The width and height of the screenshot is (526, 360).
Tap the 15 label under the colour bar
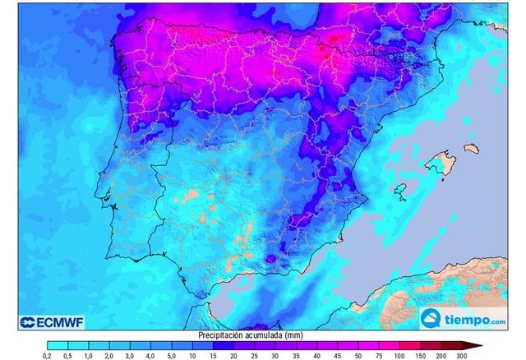point(213,355)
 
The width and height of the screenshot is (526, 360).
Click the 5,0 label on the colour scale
point(171,355)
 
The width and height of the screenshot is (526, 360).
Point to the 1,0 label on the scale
point(88,355)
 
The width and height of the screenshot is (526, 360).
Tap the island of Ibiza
point(400,190)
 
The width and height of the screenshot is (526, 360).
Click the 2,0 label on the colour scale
point(109,355)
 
